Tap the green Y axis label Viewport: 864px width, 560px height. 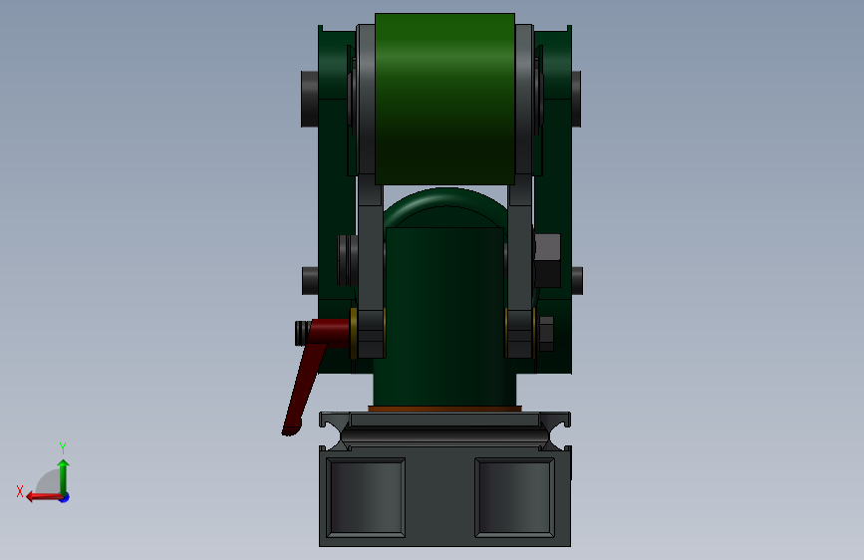pos(63,447)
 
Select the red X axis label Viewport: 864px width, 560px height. pos(20,491)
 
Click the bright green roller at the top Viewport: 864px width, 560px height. pos(444,100)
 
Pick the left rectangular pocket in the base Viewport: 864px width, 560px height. pos(366,497)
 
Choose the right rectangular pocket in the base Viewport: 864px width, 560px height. pos(514,497)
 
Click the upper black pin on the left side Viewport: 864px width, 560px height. pos(310,100)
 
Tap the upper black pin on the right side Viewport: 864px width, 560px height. pos(576,100)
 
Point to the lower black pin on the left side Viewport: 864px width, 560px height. pos(310,281)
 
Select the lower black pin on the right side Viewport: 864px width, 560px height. pos(577,281)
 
